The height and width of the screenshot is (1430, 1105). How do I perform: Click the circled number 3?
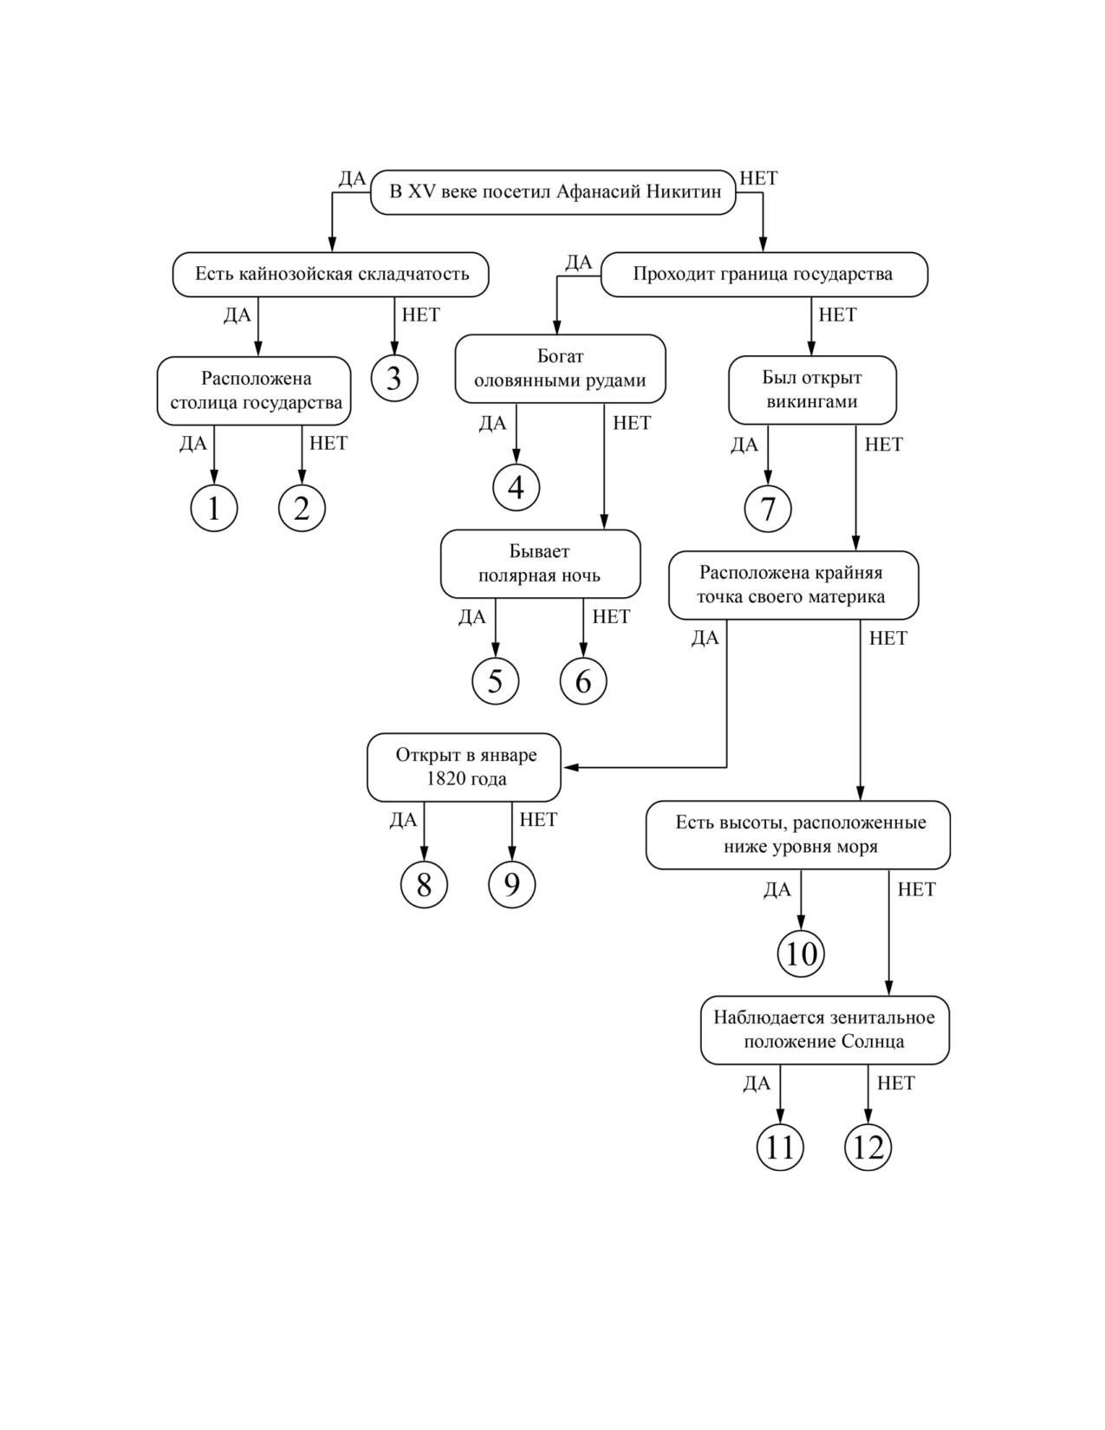pyautogui.click(x=394, y=379)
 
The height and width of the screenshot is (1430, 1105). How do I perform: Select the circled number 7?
pyautogui.click(x=768, y=509)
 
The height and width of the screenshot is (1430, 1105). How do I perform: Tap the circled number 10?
pyautogui.click(x=801, y=953)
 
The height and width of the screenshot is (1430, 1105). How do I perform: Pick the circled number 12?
pyautogui.click(x=868, y=1147)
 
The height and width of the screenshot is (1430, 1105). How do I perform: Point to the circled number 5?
pyautogui.click(x=496, y=681)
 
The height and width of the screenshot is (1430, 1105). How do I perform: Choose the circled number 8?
pyautogui.click(x=425, y=885)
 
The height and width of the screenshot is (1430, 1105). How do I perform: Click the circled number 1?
pyautogui.click(x=214, y=508)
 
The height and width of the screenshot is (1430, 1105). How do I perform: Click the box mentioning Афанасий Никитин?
pyautogui.click(x=553, y=192)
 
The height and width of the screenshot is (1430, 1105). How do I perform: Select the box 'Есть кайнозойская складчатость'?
pyautogui.click(x=331, y=275)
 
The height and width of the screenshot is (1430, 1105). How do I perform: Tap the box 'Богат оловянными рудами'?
pyautogui.click(x=560, y=368)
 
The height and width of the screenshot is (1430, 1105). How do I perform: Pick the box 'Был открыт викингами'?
pyautogui.click(x=812, y=390)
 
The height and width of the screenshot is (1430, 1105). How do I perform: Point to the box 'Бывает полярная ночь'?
pyautogui.click(x=540, y=564)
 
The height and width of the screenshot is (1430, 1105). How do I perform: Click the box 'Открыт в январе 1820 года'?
pyautogui.click(x=464, y=767)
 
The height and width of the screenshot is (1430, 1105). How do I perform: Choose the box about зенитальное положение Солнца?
pyautogui.click(x=825, y=1030)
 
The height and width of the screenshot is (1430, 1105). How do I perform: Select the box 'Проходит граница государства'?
pyautogui.click(x=764, y=275)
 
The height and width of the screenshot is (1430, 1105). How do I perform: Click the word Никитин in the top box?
pyautogui.click(x=684, y=192)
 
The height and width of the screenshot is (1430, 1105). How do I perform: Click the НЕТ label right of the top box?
pyautogui.click(x=759, y=178)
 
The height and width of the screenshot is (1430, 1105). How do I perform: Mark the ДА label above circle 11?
pyautogui.click(x=757, y=1083)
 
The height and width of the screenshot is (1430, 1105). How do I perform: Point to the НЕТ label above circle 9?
pyautogui.click(x=538, y=819)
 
